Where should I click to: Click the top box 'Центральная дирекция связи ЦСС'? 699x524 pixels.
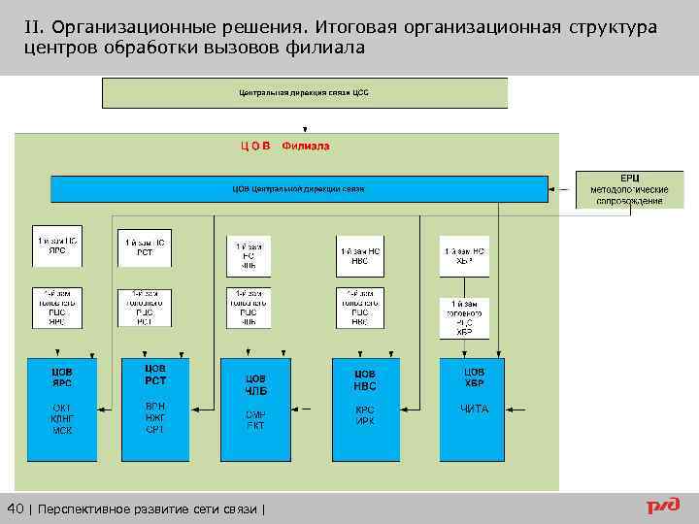pyautogui.click(x=305, y=93)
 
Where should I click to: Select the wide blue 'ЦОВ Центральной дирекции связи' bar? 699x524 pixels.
pyautogui.click(x=299, y=188)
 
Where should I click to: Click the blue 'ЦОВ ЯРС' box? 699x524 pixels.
pyautogui.click(x=61, y=409)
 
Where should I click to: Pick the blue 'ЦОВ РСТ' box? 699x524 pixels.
pyautogui.click(x=155, y=409)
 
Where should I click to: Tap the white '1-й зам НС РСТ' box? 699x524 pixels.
pyautogui.click(x=145, y=248)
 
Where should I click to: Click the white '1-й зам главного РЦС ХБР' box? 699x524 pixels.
pyautogui.click(x=464, y=318)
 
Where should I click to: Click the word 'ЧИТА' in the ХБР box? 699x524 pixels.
pyautogui.click(x=474, y=409)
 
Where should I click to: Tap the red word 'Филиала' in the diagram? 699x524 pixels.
pyautogui.click(x=305, y=147)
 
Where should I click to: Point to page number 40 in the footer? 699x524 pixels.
pyautogui.click(x=17, y=509)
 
